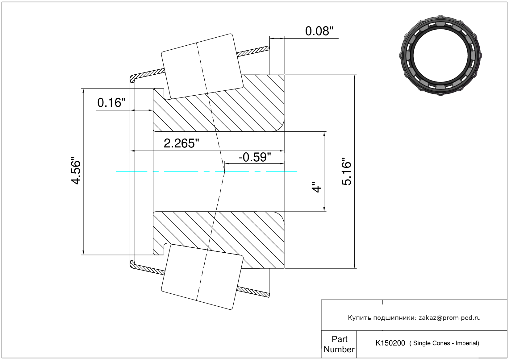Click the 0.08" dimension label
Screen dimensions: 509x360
point(319,31)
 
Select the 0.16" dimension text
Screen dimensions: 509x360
point(111,103)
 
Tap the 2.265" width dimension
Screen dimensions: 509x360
point(181,143)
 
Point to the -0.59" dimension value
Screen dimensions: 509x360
point(255,157)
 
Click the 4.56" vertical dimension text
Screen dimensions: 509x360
point(76,170)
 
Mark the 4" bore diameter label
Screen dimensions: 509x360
point(316,187)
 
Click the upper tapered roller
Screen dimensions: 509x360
point(202,67)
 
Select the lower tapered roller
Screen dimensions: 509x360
point(202,277)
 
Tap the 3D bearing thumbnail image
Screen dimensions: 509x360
point(440,56)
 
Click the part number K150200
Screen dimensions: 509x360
point(390,343)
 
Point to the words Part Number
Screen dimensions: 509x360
point(339,344)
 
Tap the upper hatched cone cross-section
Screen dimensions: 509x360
point(219,103)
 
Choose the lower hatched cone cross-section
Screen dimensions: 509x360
point(219,240)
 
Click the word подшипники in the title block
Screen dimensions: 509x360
point(394,318)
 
